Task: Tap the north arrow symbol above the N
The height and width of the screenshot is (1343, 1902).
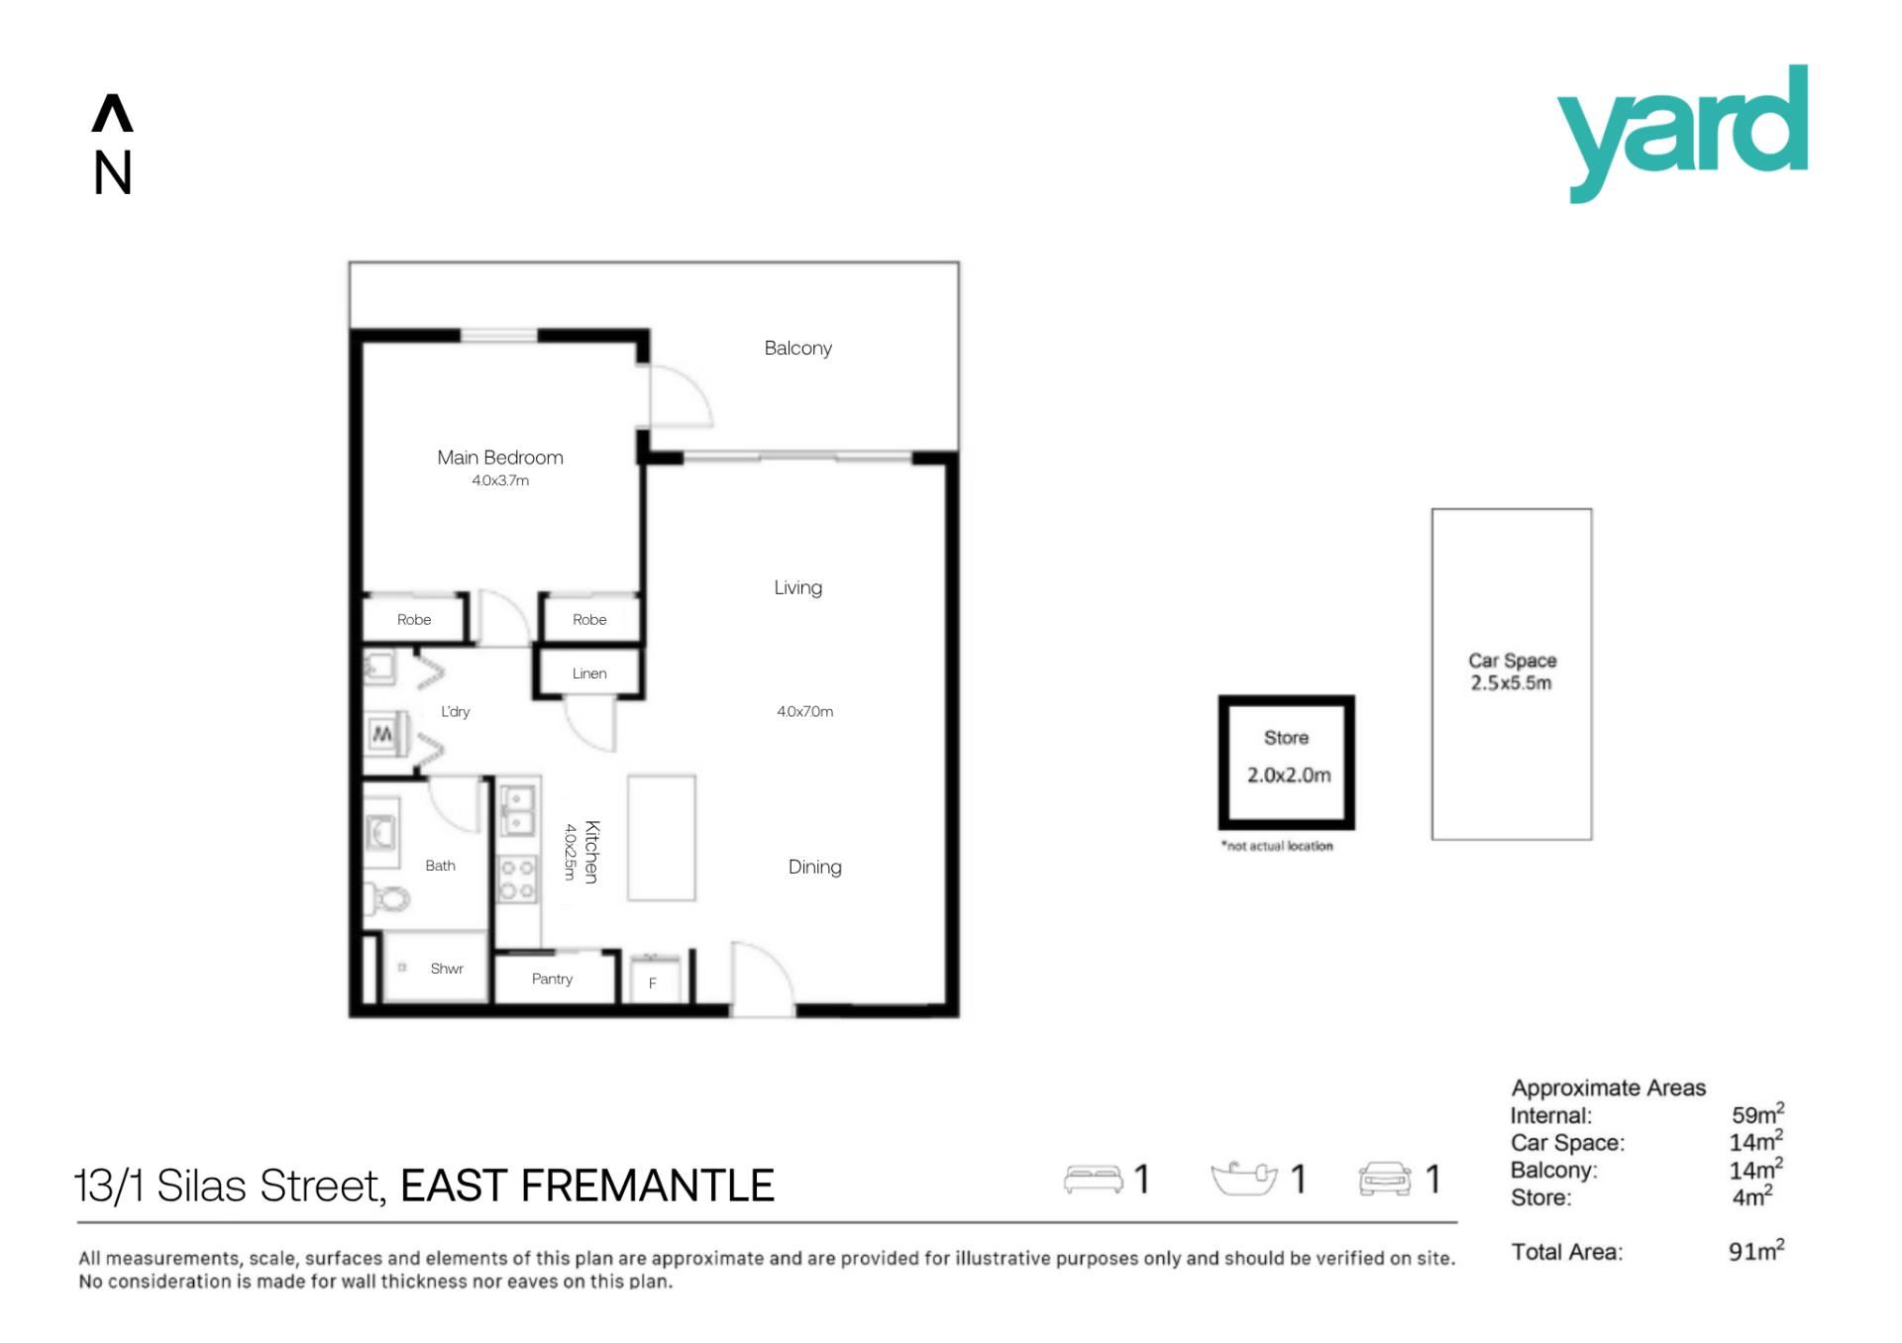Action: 112,113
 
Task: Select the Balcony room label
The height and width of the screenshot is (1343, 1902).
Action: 797,349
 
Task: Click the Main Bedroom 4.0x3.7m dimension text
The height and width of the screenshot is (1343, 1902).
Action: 500,480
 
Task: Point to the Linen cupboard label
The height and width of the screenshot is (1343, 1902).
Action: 589,673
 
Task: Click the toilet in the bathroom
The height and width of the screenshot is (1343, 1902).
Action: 388,899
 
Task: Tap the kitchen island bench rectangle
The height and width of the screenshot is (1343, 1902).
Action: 662,838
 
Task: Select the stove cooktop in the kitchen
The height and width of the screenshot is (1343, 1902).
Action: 517,879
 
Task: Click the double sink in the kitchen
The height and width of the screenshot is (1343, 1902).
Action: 517,809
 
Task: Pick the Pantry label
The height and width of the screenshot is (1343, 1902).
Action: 552,979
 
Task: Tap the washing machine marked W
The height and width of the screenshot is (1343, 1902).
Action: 382,734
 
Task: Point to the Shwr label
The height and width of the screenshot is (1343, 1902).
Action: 447,969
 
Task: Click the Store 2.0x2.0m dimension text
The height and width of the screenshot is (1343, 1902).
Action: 1289,775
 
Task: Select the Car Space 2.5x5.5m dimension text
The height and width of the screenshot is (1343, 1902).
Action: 1511,683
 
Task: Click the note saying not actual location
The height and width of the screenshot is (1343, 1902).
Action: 1277,846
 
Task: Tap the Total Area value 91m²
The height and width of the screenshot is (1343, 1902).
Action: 1756,1250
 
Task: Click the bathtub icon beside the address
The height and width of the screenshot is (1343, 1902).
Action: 1244,1178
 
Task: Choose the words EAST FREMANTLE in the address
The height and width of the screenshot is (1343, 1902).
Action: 587,1186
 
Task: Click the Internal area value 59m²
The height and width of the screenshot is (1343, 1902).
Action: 1757,1113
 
